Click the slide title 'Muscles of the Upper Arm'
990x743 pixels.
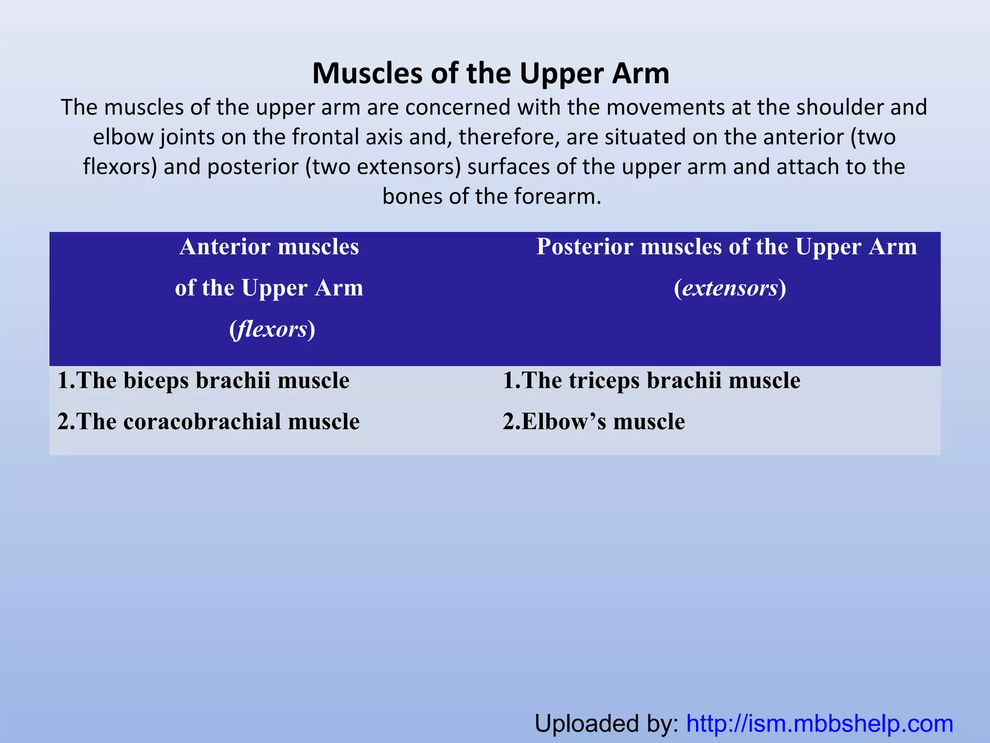pyautogui.click(x=491, y=74)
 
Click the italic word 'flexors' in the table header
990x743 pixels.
pyautogui.click(x=273, y=329)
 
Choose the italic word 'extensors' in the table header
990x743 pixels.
pyautogui.click(x=730, y=288)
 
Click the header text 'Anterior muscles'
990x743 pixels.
pyautogui.click(x=269, y=247)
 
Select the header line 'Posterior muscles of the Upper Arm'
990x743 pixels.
pyautogui.click(x=727, y=247)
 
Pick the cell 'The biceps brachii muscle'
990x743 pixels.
pyautogui.click(x=203, y=380)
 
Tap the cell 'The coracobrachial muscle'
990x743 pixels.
pyautogui.click(x=208, y=421)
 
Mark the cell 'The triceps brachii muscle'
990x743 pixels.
pyautogui.click(x=651, y=380)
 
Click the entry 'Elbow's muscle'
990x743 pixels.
pyautogui.click(x=594, y=421)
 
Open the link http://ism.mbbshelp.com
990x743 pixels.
pyautogui.click(x=819, y=724)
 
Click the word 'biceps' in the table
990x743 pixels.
pyautogui.click(x=156, y=380)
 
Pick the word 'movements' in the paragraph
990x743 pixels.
pyautogui.click(x=665, y=107)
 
